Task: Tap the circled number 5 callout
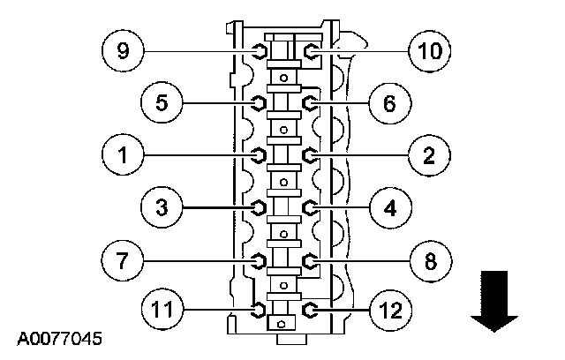(162, 103)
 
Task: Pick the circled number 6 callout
(389, 103)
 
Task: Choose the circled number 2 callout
(430, 156)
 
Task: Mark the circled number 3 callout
(162, 207)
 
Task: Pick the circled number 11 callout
(162, 310)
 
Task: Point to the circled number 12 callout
(389, 310)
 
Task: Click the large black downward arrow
(493, 301)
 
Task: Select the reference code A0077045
(59, 338)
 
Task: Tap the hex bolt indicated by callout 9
(259, 51)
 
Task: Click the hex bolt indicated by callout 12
(310, 310)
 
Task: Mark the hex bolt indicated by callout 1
(259, 156)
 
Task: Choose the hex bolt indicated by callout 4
(310, 207)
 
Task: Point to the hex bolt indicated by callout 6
(310, 103)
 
